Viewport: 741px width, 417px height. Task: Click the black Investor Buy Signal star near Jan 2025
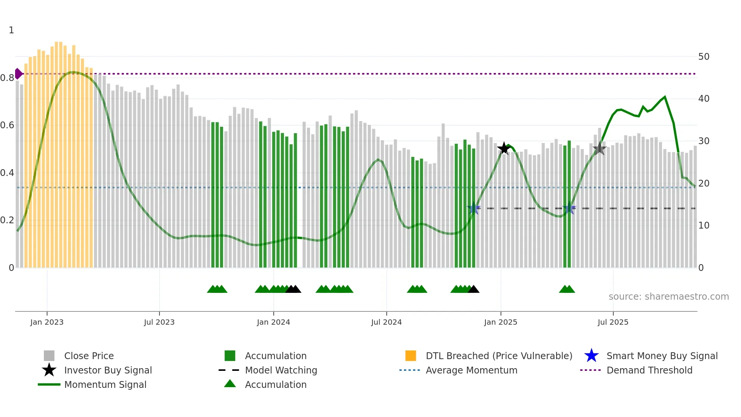point(504,148)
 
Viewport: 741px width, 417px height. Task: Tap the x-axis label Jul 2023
point(159,322)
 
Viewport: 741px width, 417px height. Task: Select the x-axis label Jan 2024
point(273,322)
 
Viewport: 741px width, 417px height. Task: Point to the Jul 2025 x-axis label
point(613,322)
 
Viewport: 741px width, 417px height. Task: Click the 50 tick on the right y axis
point(704,57)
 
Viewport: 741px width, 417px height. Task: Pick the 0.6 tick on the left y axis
point(7,125)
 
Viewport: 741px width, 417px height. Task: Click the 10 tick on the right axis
point(704,226)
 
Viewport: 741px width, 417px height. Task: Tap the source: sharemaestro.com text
point(668,297)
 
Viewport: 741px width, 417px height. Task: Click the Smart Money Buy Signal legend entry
point(662,356)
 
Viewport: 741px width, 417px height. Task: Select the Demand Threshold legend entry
point(649,370)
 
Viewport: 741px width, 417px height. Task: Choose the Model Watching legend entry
point(281,370)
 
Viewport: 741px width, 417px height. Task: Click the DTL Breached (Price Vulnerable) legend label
point(499,356)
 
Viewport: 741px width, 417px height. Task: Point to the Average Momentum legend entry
point(471,370)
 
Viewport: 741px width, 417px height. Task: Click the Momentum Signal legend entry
point(105,384)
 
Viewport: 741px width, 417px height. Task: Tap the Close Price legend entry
point(89,356)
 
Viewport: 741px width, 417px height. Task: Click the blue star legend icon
point(591,356)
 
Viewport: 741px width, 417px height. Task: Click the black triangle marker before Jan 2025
point(473,289)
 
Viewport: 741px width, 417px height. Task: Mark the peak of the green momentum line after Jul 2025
point(665,97)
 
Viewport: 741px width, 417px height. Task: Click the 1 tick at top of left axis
point(11,30)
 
